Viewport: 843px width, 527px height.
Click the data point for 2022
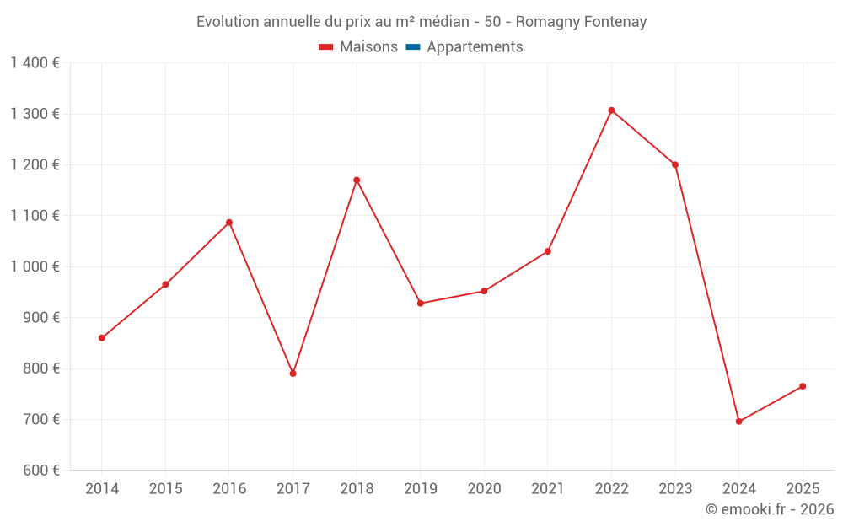(611, 110)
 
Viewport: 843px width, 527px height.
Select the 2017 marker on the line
(293, 374)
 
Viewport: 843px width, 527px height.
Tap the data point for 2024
(738, 422)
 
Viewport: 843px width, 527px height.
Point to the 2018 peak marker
(357, 180)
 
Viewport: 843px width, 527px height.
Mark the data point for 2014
(102, 338)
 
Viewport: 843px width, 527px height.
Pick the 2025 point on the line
(803, 386)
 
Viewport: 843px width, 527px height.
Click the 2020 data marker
(484, 291)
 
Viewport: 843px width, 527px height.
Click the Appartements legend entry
(475, 47)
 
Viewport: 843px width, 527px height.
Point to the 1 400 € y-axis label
(35, 63)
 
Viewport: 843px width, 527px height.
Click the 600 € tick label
(41, 471)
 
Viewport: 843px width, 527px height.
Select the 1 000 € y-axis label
(35, 266)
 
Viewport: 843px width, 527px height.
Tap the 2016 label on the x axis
(229, 489)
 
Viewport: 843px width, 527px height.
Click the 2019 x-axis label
(420, 489)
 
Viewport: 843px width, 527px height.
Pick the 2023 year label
(675, 489)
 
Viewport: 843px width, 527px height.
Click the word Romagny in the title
(545, 22)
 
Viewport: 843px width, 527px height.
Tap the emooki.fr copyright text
(770, 509)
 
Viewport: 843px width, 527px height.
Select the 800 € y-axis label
(41, 368)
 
